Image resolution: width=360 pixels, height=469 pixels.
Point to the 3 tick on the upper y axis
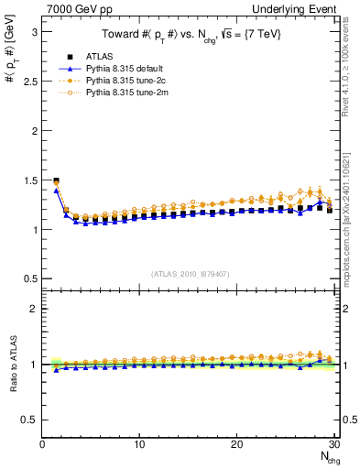pos(33,31)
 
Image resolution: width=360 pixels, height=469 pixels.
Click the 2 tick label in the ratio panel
pos(33,309)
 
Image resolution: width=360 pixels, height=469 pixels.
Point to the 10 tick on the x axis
pos(139,444)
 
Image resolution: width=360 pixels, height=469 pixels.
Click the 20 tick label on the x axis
pos(237,444)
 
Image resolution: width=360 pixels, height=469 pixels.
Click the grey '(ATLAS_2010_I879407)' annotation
pos(189,272)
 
